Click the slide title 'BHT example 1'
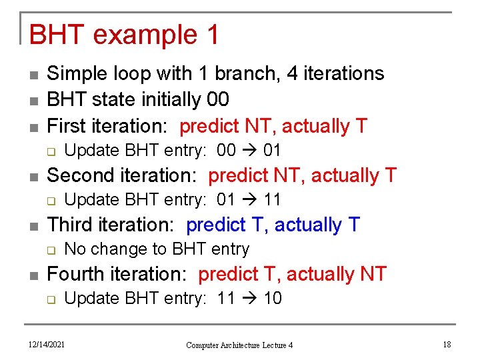point(124,35)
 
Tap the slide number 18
point(446,344)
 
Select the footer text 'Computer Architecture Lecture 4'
point(239,345)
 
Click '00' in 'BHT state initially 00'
point(218,100)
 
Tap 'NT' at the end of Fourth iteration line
point(373,274)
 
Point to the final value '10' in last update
point(273,299)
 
